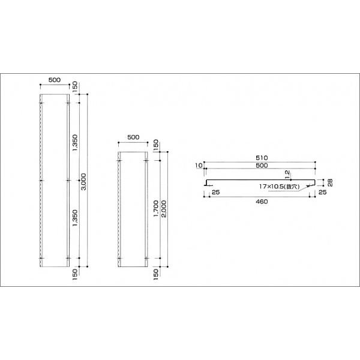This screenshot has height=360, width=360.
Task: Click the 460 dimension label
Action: [x=261, y=202]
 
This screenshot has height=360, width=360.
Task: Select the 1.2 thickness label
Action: [x=288, y=174]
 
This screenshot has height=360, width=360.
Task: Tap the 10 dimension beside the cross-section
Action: [x=197, y=165]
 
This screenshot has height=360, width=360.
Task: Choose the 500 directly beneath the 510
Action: [x=261, y=165]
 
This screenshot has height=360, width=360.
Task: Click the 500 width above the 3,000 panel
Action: [x=55, y=80]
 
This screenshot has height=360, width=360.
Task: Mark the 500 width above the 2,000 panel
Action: [x=133, y=137]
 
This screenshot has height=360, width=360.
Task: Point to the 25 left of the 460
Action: [x=215, y=192]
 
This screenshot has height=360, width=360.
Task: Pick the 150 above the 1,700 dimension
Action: [x=155, y=146]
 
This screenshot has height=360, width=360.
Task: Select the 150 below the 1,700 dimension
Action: [x=155, y=274]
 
